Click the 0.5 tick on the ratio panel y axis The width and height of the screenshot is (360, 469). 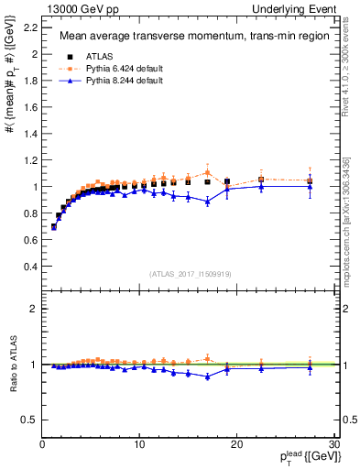coord(27,420)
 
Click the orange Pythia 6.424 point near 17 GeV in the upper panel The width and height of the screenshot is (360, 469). coord(208,172)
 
